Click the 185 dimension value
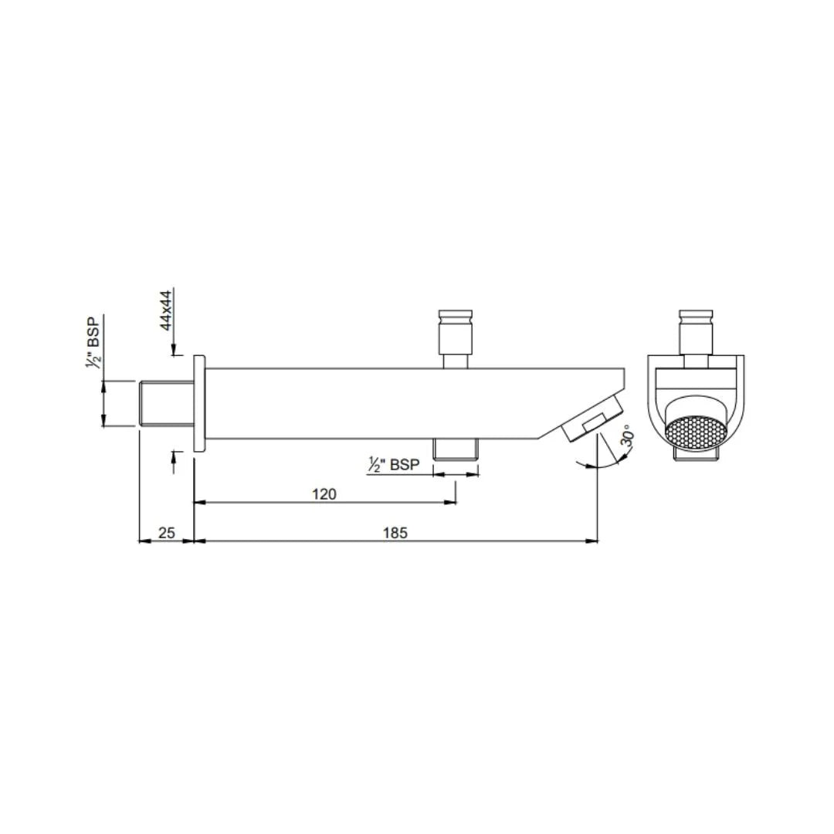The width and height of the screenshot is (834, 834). point(394,532)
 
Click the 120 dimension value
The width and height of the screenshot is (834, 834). point(324,493)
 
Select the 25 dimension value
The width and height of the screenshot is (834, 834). point(167,532)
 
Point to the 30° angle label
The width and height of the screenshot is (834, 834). point(629,439)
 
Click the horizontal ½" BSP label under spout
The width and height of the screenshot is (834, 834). point(395,465)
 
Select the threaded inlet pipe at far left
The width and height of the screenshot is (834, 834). point(165,403)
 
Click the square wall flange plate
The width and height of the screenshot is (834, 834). point(199,403)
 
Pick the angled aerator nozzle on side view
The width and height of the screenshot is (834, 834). point(593,418)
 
